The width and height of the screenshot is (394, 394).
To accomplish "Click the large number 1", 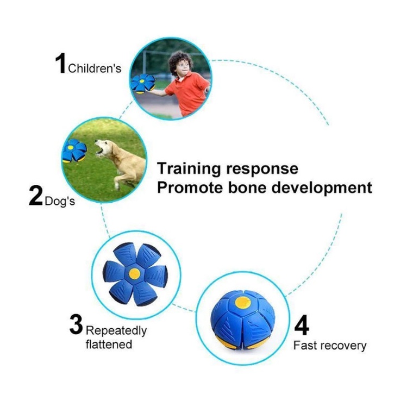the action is (x=60, y=63).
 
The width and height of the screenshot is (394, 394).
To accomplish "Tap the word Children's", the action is (x=95, y=68).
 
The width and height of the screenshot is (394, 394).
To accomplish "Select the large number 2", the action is (x=36, y=196).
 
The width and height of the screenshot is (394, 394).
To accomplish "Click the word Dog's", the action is (x=60, y=201).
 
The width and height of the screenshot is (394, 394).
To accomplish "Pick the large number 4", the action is (x=302, y=326).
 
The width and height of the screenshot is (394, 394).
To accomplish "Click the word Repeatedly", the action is (x=116, y=330).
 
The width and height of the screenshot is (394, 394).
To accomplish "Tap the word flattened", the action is (x=109, y=344).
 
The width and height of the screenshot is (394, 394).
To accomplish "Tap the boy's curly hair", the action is (x=180, y=61).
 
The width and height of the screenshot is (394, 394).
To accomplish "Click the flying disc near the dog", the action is (x=74, y=151).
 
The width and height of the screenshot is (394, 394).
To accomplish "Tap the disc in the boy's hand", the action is (x=142, y=84).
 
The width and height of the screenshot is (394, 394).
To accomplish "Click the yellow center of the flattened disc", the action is (x=135, y=274).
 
